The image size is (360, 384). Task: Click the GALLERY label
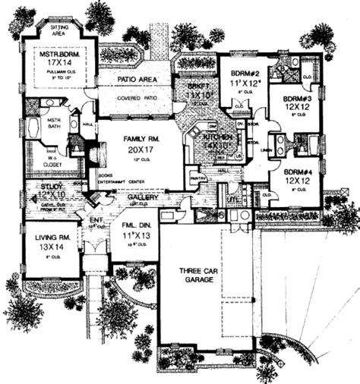(144, 197)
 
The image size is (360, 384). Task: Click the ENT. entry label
(96, 220)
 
